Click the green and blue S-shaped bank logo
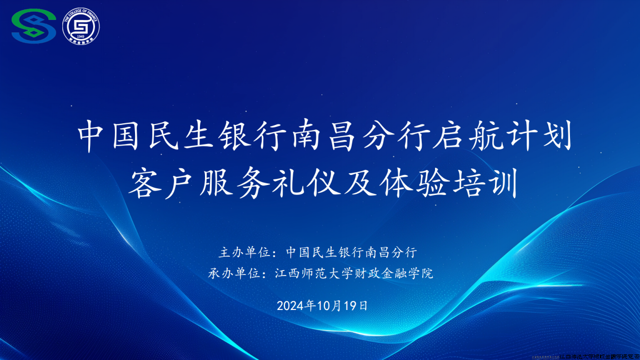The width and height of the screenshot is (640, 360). [34, 25]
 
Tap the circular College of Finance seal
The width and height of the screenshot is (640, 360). [81, 25]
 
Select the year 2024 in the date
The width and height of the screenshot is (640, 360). [288, 306]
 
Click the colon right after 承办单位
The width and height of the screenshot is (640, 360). [265, 274]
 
